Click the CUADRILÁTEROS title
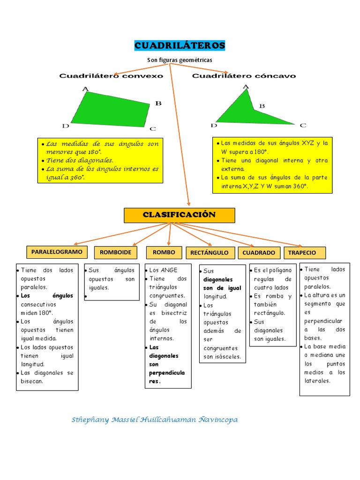pos(180,45)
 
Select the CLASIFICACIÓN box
pos(179,215)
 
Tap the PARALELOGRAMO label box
pos(57,252)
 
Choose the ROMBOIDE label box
pos(115,253)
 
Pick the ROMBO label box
pos(164,253)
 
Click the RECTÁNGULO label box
pos(210,253)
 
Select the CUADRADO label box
pos(259,253)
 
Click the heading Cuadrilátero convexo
pos(111,75)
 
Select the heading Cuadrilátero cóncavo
pos(244,75)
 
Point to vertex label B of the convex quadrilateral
pos(158,103)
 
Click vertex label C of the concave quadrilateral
pos(303,125)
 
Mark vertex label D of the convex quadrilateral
pos(66,126)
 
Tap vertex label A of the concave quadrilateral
pos(246,86)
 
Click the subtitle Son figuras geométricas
pos(180,60)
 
